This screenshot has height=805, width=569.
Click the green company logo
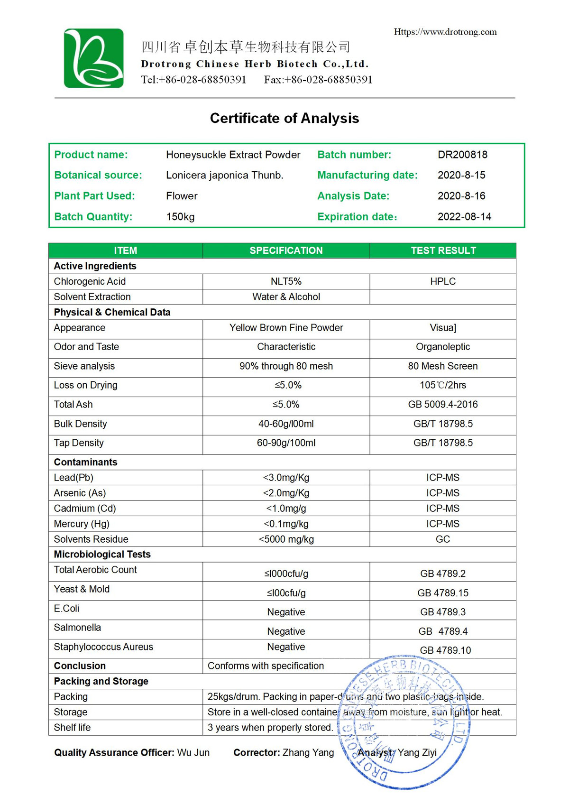pos(94,58)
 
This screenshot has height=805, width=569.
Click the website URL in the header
pos(445,32)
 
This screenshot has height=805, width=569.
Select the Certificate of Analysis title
pos(284,118)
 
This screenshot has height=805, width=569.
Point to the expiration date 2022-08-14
pos(464,217)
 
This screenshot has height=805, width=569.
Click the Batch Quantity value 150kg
pos(180,217)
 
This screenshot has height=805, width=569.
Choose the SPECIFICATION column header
pos(286,250)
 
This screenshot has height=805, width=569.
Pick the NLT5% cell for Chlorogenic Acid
pos(286,281)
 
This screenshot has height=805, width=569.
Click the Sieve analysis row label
pos(84,366)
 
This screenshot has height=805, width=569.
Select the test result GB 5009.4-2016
pos(443,405)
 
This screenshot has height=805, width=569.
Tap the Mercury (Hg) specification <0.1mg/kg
pos(286,524)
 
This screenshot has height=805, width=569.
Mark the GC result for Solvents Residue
pos(443,539)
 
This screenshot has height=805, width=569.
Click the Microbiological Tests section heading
pos(102,555)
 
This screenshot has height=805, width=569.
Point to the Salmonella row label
pos(77,628)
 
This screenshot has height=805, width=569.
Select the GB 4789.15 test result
pos(443,593)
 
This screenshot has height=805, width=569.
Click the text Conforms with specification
pos(266,666)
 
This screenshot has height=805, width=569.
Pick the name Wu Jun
pos(193,753)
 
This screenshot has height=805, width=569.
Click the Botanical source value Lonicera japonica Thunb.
pos(224,176)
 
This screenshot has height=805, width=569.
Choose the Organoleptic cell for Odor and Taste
pos(443,347)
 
